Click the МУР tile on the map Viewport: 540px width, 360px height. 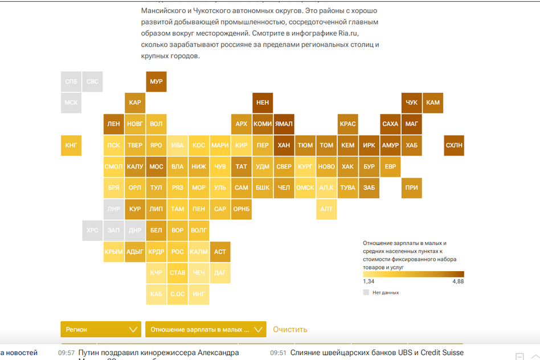[x=156, y=81]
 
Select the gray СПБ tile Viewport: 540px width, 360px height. [x=71, y=81]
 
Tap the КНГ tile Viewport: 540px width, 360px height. [x=71, y=145]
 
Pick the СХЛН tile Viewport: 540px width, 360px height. [x=454, y=145]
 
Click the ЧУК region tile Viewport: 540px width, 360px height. [x=411, y=103]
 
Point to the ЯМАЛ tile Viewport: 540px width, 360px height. [x=284, y=124]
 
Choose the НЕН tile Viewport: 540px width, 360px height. [x=263, y=103]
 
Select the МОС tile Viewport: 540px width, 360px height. [x=156, y=166]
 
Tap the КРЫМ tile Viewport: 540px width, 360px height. [x=114, y=251]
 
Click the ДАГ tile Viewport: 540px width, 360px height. [x=220, y=273]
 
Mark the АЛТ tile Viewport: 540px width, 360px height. [x=326, y=209]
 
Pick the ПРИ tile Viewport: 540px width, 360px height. [x=411, y=187]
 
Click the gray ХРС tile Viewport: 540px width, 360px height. [x=92, y=230]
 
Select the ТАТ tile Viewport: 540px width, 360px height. [x=242, y=166]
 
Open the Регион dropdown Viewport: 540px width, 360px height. [x=101, y=329]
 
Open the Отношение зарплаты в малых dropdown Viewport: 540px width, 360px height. [x=206, y=329]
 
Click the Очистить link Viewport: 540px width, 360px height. [x=290, y=329]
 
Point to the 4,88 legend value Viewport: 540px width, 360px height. [x=458, y=281]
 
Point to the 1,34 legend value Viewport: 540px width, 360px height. [x=369, y=281]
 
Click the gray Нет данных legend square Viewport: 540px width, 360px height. [x=366, y=292]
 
